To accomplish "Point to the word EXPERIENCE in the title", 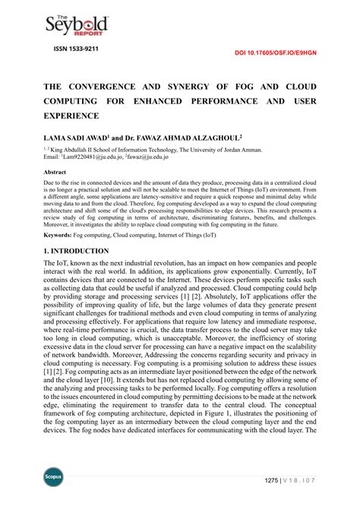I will tap(72, 115).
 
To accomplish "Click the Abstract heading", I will tap(55, 172).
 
